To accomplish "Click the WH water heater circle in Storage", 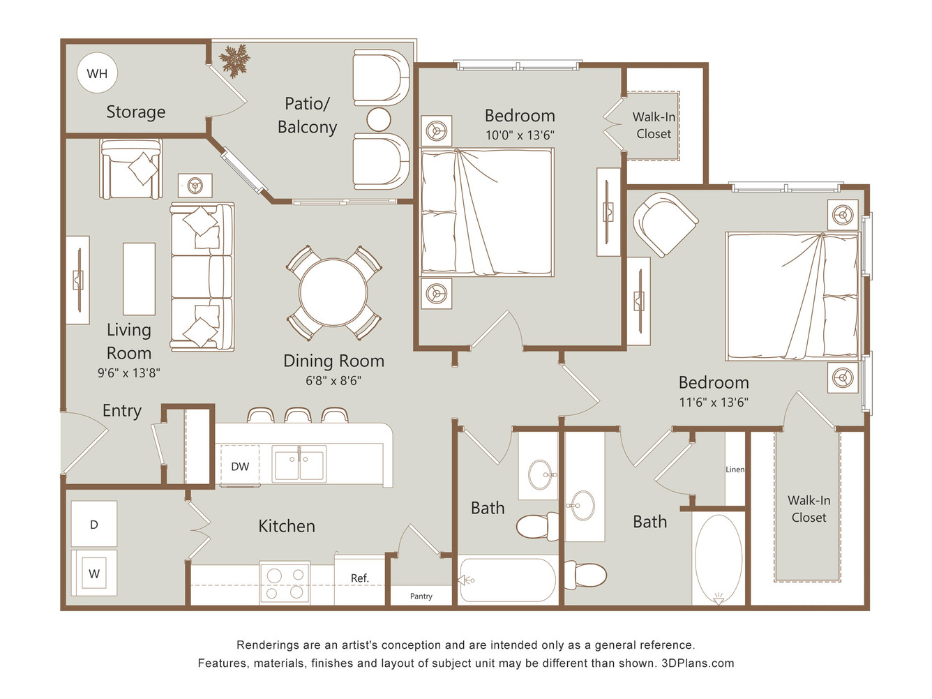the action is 97,73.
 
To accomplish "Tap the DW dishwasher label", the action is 240,467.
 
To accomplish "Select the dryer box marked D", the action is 94,524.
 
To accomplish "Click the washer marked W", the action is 94,573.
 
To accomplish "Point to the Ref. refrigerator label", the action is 360,578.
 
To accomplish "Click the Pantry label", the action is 421,596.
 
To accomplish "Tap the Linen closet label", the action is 735,469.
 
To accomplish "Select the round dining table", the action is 333,293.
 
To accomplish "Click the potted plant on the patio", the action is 234,61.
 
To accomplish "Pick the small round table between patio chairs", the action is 379,120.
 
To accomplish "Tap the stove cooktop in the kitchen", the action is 285,583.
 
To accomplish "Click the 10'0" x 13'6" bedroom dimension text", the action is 520,135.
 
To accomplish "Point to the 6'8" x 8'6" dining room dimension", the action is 333,380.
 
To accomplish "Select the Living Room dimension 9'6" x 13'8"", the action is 128,373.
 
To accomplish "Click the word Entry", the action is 122,411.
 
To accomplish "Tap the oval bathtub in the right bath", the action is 719,558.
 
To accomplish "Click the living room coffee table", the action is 139,279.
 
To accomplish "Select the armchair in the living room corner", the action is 130,169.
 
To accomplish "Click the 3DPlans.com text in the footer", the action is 698,663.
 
